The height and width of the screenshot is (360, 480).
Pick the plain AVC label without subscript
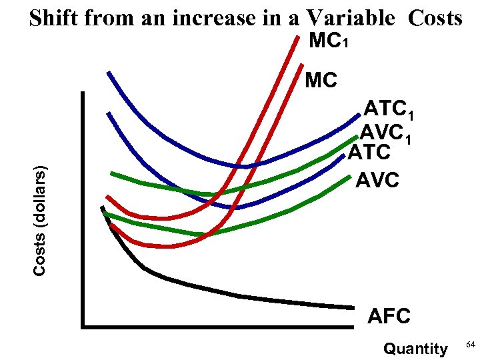point(377,180)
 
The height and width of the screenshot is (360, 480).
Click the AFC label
point(389,316)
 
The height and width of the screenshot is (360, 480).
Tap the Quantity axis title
point(415,348)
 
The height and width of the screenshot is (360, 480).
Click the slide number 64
point(470,344)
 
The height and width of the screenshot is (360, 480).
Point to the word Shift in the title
point(55,18)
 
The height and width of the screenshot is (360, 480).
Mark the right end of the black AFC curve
point(352,308)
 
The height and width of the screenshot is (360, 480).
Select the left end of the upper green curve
point(111,173)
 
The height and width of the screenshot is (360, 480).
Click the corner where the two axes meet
point(83,327)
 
